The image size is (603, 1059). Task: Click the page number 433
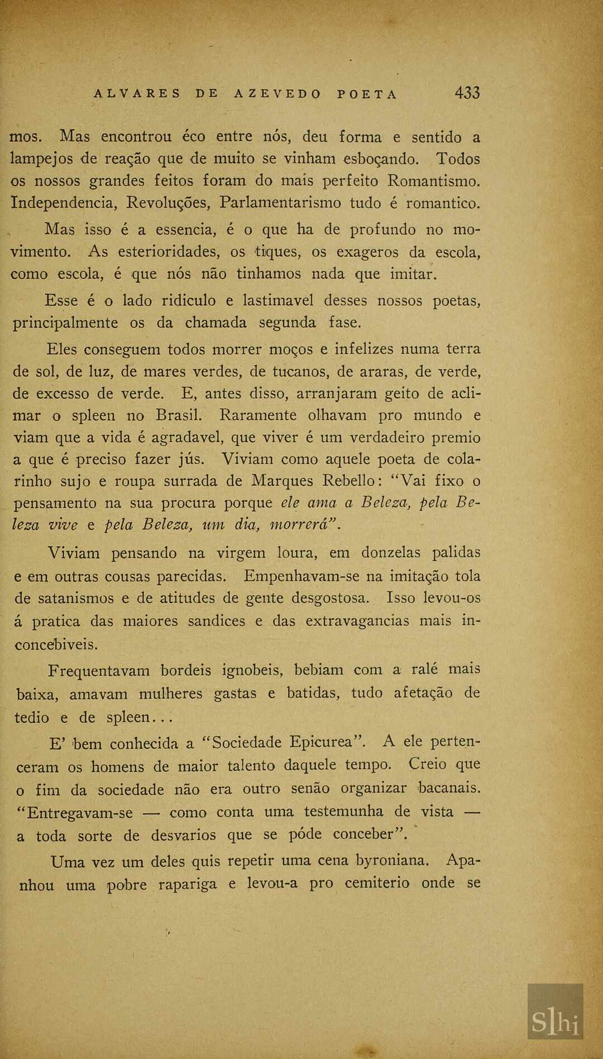pyautogui.click(x=467, y=93)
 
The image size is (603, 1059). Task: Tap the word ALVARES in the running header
pyautogui.click(x=137, y=94)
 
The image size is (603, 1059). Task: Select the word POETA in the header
pyautogui.click(x=367, y=94)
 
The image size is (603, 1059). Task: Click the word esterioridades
pyautogui.click(x=167, y=252)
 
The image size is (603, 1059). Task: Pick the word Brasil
pyautogui.click(x=179, y=416)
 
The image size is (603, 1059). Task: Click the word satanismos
pyautogui.click(x=75, y=599)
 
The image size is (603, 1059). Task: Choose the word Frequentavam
pyautogui.click(x=99, y=671)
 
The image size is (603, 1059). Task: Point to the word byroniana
pyautogui.click(x=393, y=861)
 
